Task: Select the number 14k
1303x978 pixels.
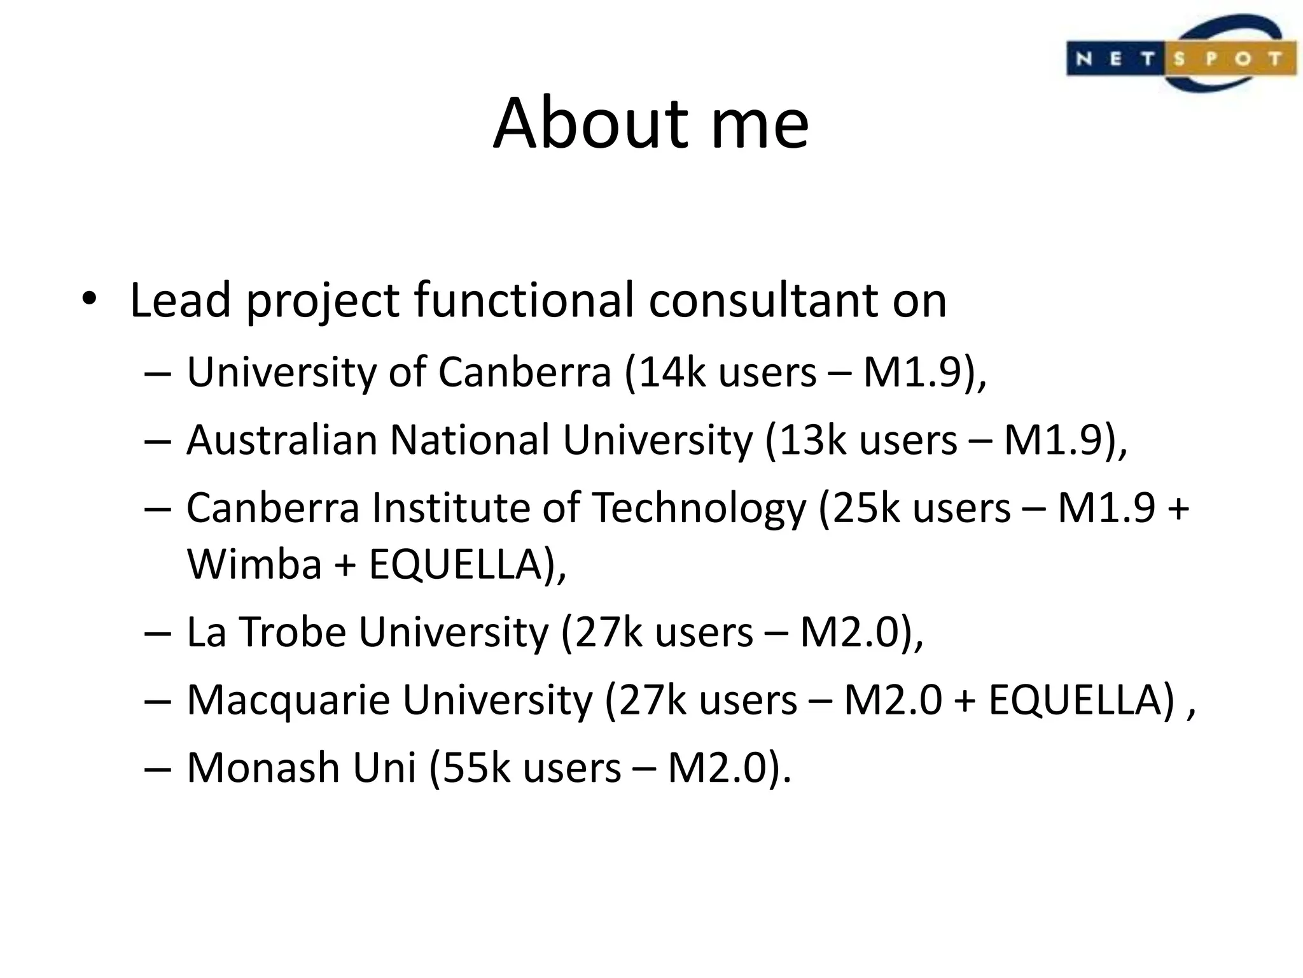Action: point(672,372)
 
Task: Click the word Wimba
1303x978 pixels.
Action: point(254,564)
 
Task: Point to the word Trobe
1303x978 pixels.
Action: point(293,632)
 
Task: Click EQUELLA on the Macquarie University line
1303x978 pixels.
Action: point(1081,700)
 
